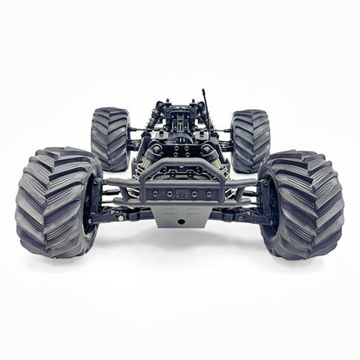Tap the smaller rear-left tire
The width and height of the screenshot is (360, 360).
point(110,138)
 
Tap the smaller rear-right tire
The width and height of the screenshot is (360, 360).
point(250,138)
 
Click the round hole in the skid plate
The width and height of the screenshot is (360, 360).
point(181,222)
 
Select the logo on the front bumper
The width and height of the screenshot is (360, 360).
point(181,195)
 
